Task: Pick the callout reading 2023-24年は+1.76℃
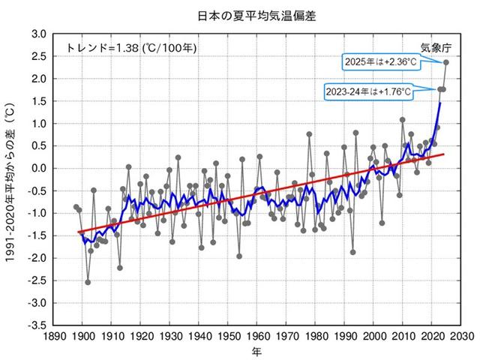point(368,91)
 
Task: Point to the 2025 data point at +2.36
point(446,62)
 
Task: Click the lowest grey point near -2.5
point(88,282)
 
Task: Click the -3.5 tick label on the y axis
point(36,326)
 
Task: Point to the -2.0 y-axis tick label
point(36,259)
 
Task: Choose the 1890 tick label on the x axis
point(52,337)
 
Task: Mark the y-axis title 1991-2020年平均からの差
point(11,180)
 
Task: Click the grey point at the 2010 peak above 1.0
point(403,119)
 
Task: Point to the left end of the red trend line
point(79,232)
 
